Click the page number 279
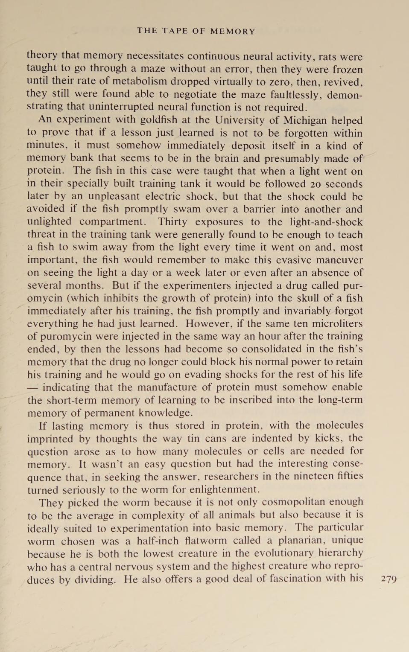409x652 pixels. click(x=389, y=579)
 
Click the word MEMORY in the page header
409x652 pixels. click(x=233, y=31)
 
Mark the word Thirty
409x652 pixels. click(x=173, y=222)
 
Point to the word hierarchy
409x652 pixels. click(x=341, y=553)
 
